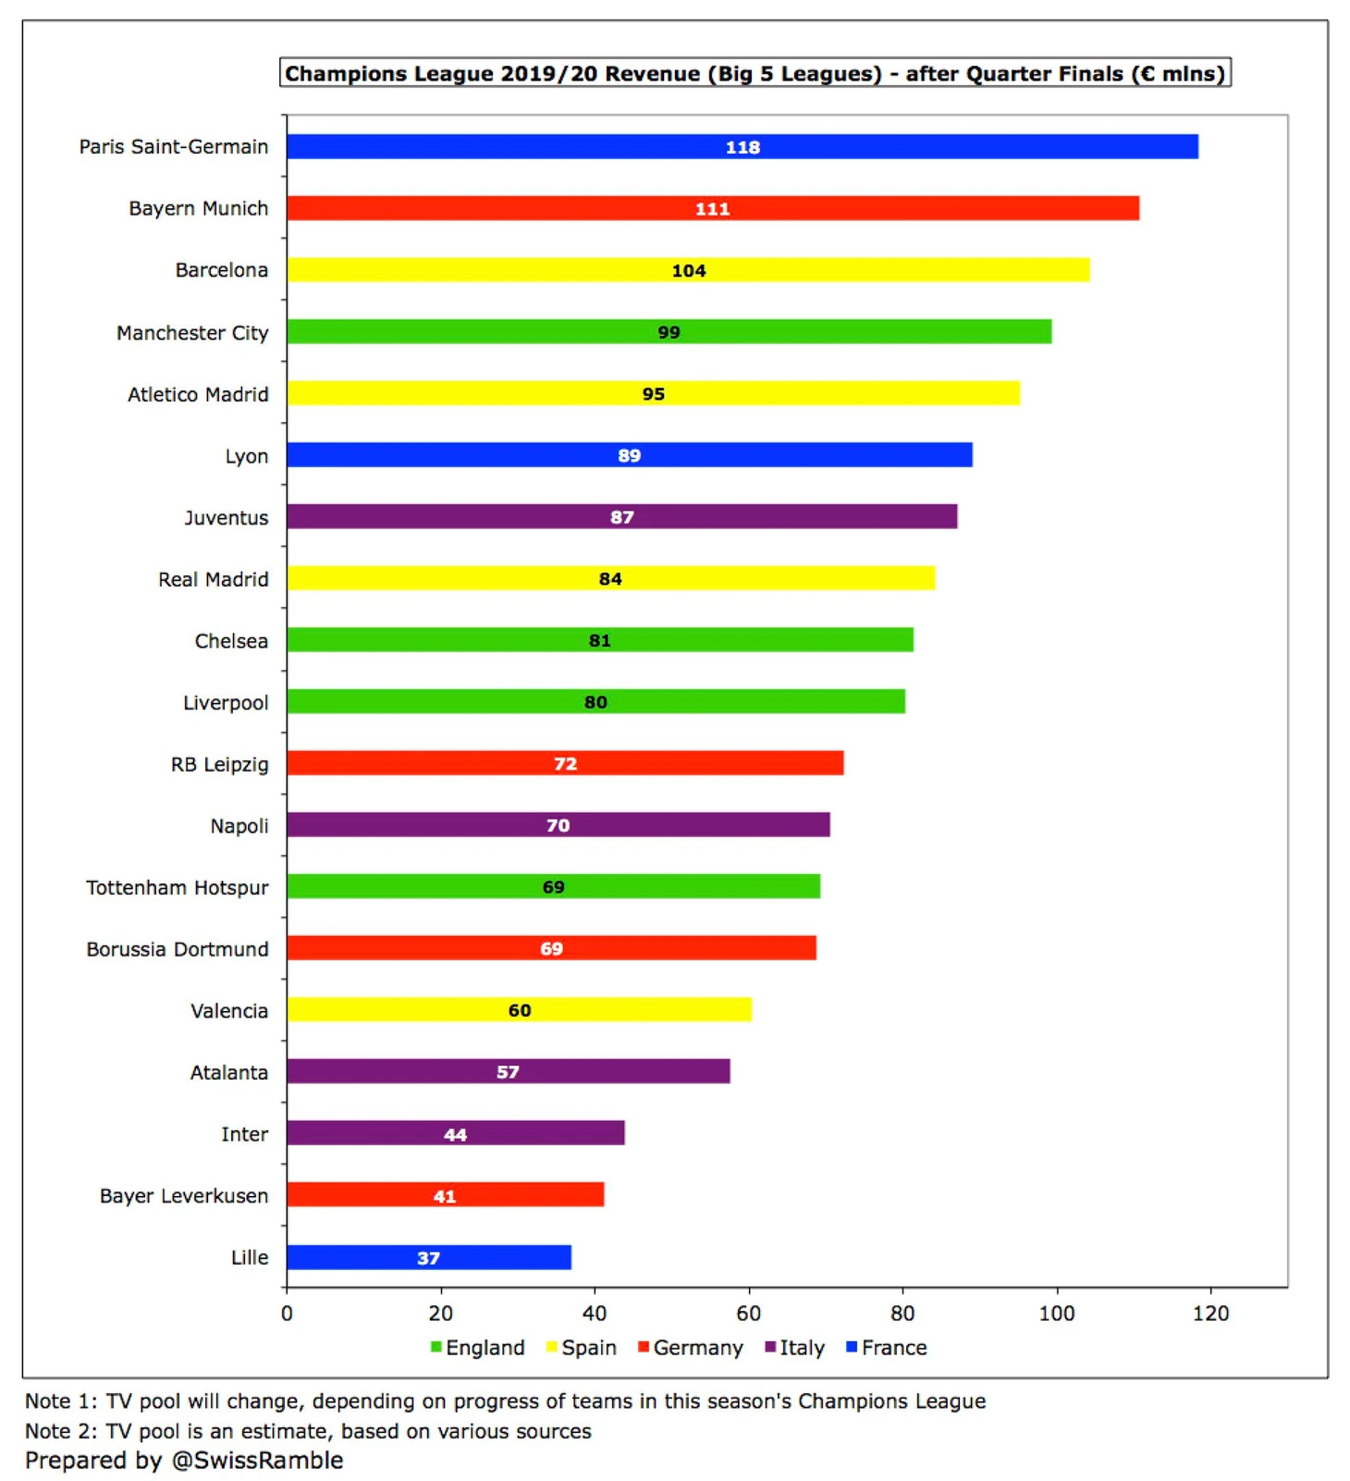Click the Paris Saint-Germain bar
[742, 146]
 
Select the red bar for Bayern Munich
[712, 208]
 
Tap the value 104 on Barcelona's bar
[689, 270]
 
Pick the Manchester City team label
[192, 332]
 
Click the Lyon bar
[629, 455]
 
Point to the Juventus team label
[227, 517]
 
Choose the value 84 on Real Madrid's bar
[610, 579]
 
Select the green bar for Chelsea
[599, 640]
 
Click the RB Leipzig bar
[564, 763]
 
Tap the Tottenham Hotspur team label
[178, 887]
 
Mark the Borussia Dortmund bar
[551, 948]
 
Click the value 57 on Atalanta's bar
[508, 1072]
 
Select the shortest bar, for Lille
[428, 1257]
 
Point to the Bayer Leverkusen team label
[184, 1195]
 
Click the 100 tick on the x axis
[1057, 1313]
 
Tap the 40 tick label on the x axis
[595, 1313]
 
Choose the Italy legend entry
[794, 1348]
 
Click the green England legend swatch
[436, 1347]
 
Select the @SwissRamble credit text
[184, 1460]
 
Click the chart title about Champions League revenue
[755, 73]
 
